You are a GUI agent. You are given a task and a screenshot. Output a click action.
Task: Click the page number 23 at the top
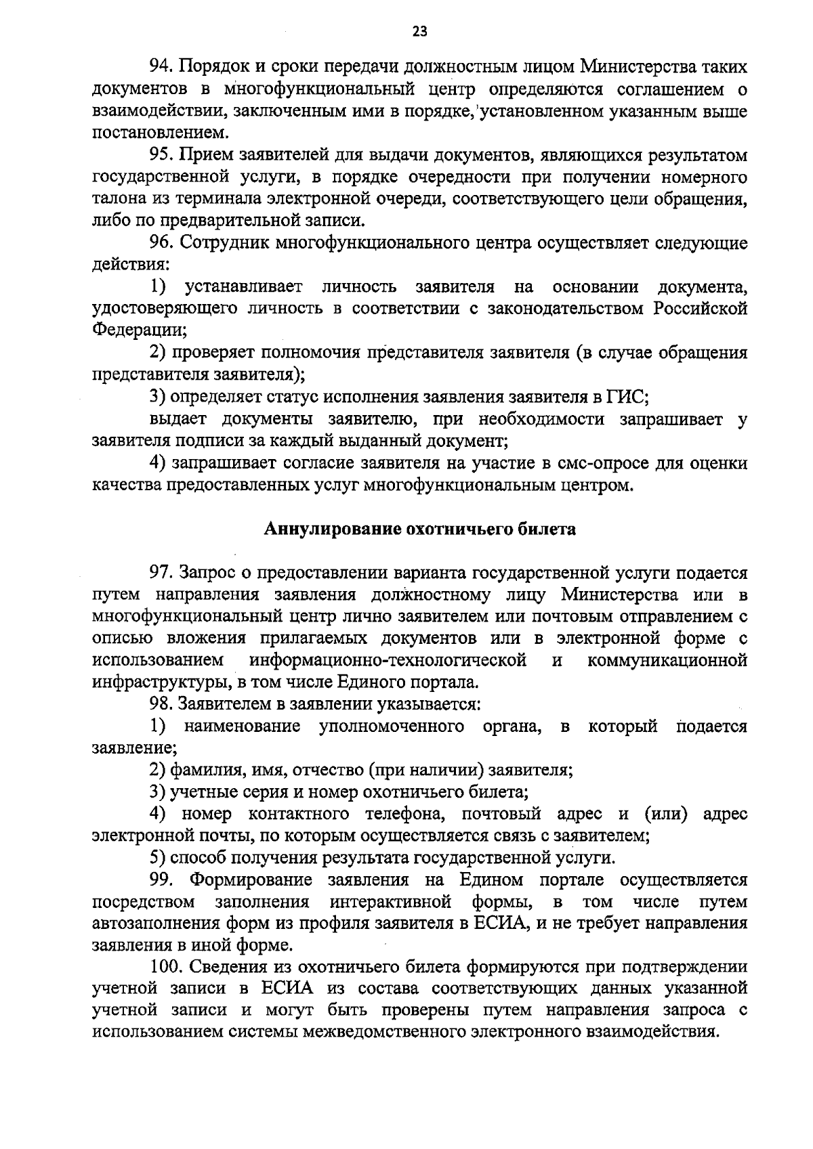(420, 31)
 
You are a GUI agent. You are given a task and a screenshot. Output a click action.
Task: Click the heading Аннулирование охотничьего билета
(419, 529)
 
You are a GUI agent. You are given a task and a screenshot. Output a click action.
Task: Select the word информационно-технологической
(388, 660)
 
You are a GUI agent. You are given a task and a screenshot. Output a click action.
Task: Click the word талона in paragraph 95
(114, 200)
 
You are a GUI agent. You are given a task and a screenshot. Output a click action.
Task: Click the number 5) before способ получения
(157, 859)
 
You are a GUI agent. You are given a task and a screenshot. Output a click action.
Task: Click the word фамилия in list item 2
(205, 771)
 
